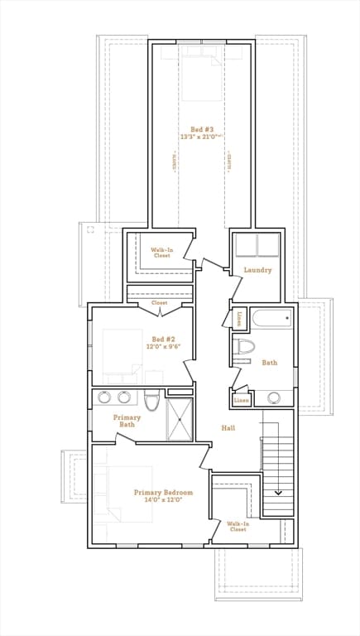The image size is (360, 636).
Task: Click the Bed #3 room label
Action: coord(203,129)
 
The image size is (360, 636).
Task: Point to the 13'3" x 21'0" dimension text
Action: coord(203,137)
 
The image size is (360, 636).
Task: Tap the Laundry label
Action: coord(257,270)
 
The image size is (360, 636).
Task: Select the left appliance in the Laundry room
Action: coord(246,245)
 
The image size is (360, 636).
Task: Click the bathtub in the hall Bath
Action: coord(271,318)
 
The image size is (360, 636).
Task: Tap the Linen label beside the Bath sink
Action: coord(242,400)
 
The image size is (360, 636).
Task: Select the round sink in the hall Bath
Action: coord(273,398)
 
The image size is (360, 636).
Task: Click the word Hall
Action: coord(229,428)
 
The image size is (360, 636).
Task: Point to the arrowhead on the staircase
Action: coord(278,493)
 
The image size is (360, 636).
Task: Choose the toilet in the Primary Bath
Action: coord(151,402)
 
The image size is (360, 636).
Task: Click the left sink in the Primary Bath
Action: coord(105,397)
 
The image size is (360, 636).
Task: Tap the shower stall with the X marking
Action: coord(178,418)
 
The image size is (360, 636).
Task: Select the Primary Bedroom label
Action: coord(163,492)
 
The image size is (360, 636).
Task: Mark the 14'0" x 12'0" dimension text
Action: coord(163,500)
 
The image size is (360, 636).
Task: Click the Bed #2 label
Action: coord(163,339)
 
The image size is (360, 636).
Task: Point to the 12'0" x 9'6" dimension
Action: coord(163,347)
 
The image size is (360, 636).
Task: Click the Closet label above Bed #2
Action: coord(159,303)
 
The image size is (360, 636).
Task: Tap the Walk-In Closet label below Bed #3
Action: coord(161,253)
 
